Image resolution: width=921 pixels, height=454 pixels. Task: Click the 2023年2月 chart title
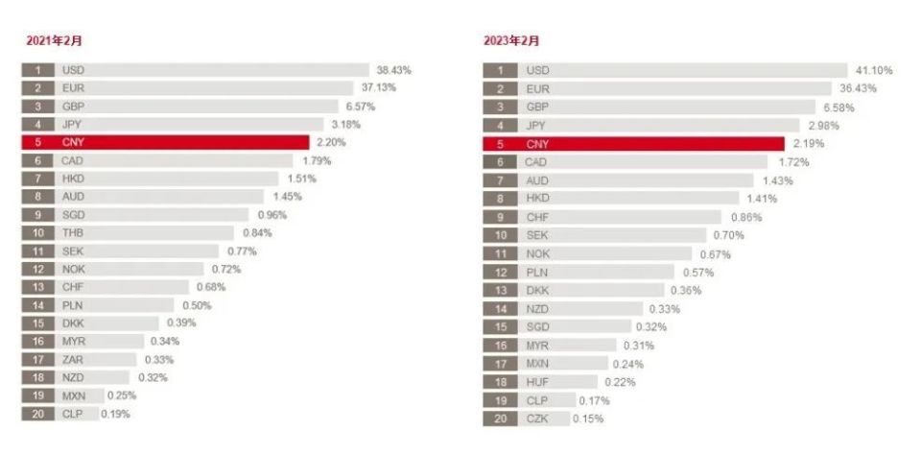click(510, 40)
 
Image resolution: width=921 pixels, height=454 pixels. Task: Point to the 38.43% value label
click(394, 70)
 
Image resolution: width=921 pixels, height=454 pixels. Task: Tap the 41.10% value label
click(873, 70)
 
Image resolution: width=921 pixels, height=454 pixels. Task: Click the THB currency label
click(73, 232)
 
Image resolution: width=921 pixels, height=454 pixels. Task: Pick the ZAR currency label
click(72, 359)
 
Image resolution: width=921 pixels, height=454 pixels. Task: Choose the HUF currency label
click(537, 382)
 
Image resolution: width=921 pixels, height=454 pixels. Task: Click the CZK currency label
click(537, 418)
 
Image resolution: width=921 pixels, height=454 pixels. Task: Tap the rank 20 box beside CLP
click(37, 414)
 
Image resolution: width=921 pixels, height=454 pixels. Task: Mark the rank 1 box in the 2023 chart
click(500, 70)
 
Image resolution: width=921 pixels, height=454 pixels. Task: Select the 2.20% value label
click(329, 142)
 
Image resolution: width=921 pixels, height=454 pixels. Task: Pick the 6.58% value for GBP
click(837, 108)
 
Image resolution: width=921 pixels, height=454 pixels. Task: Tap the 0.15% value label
click(588, 418)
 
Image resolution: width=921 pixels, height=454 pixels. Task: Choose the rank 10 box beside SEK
click(500, 235)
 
